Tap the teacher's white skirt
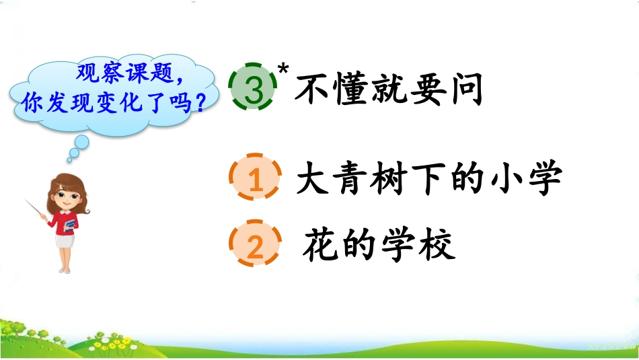coord(65,242)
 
